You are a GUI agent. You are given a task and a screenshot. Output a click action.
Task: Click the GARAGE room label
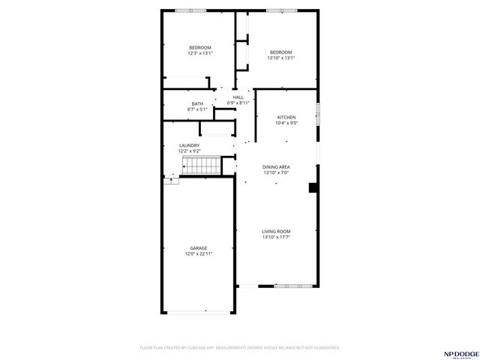pyautogui.click(x=199, y=247)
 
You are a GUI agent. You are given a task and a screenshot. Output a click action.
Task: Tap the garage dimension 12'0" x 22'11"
pyautogui.click(x=199, y=253)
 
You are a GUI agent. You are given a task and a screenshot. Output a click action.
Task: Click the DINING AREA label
pyautogui.click(x=276, y=166)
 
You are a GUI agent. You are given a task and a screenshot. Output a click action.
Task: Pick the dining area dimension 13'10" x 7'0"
pyautogui.click(x=276, y=172)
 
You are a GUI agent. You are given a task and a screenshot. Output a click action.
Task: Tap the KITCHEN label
pyautogui.click(x=286, y=117)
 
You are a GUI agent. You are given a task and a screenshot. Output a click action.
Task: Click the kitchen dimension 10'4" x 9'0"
pyautogui.click(x=286, y=123)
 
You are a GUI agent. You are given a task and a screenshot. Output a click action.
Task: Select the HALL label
pyautogui.click(x=238, y=97)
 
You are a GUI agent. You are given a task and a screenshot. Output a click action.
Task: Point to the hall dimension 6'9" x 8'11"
pyautogui.click(x=238, y=103)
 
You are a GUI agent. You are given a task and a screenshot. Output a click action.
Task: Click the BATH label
pyautogui.click(x=197, y=103)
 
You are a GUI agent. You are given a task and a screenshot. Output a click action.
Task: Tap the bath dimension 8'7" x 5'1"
pyautogui.click(x=197, y=109)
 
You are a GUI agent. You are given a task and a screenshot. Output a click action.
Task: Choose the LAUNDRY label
pyautogui.click(x=189, y=145)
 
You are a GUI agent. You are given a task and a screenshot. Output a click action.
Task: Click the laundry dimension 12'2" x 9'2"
pyautogui.click(x=189, y=151)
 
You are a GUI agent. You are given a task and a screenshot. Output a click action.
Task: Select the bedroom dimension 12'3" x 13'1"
pyautogui.click(x=200, y=53)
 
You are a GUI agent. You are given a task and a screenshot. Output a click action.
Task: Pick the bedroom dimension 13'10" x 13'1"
pyautogui.click(x=280, y=58)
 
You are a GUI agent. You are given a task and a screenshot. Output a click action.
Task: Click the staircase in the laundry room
pyautogui.click(x=201, y=165)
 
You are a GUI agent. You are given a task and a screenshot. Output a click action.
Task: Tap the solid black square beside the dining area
pyautogui.click(x=313, y=188)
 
